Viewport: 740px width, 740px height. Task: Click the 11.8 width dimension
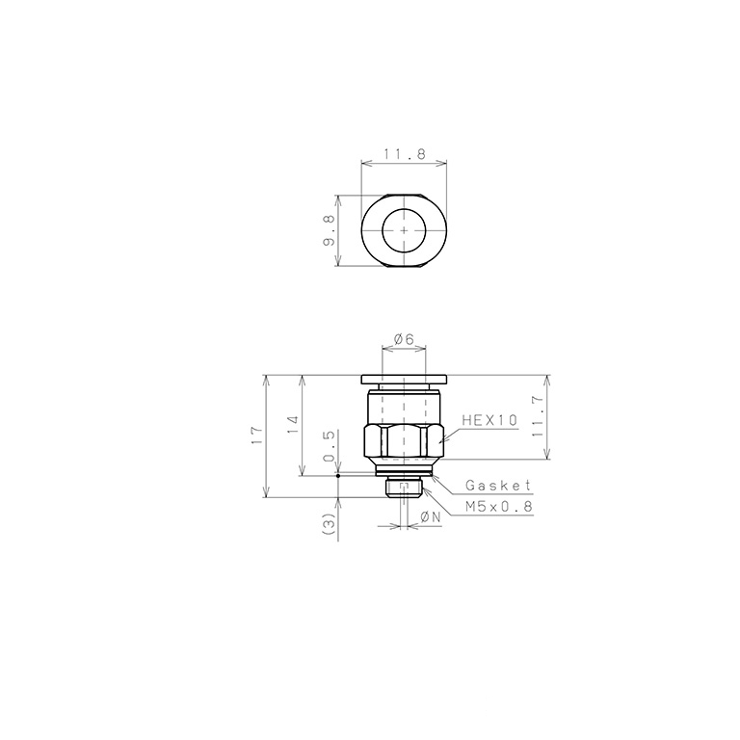[x=405, y=154]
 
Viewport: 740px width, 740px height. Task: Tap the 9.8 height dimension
[x=329, y=231]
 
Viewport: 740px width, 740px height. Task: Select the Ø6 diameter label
[x=404, y=339]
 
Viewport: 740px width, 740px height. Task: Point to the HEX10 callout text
[x=489, y=419]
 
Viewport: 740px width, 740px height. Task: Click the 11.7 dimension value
[x=538, y=416]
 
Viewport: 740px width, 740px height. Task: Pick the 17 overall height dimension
[x=256, y=436]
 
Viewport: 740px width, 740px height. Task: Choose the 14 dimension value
[x=293, y=425]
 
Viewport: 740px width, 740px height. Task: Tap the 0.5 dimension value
[x=329, y=445]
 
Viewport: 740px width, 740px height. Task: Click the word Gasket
[x=498, y=486]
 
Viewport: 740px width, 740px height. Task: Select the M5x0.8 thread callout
[x=499, y=507]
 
